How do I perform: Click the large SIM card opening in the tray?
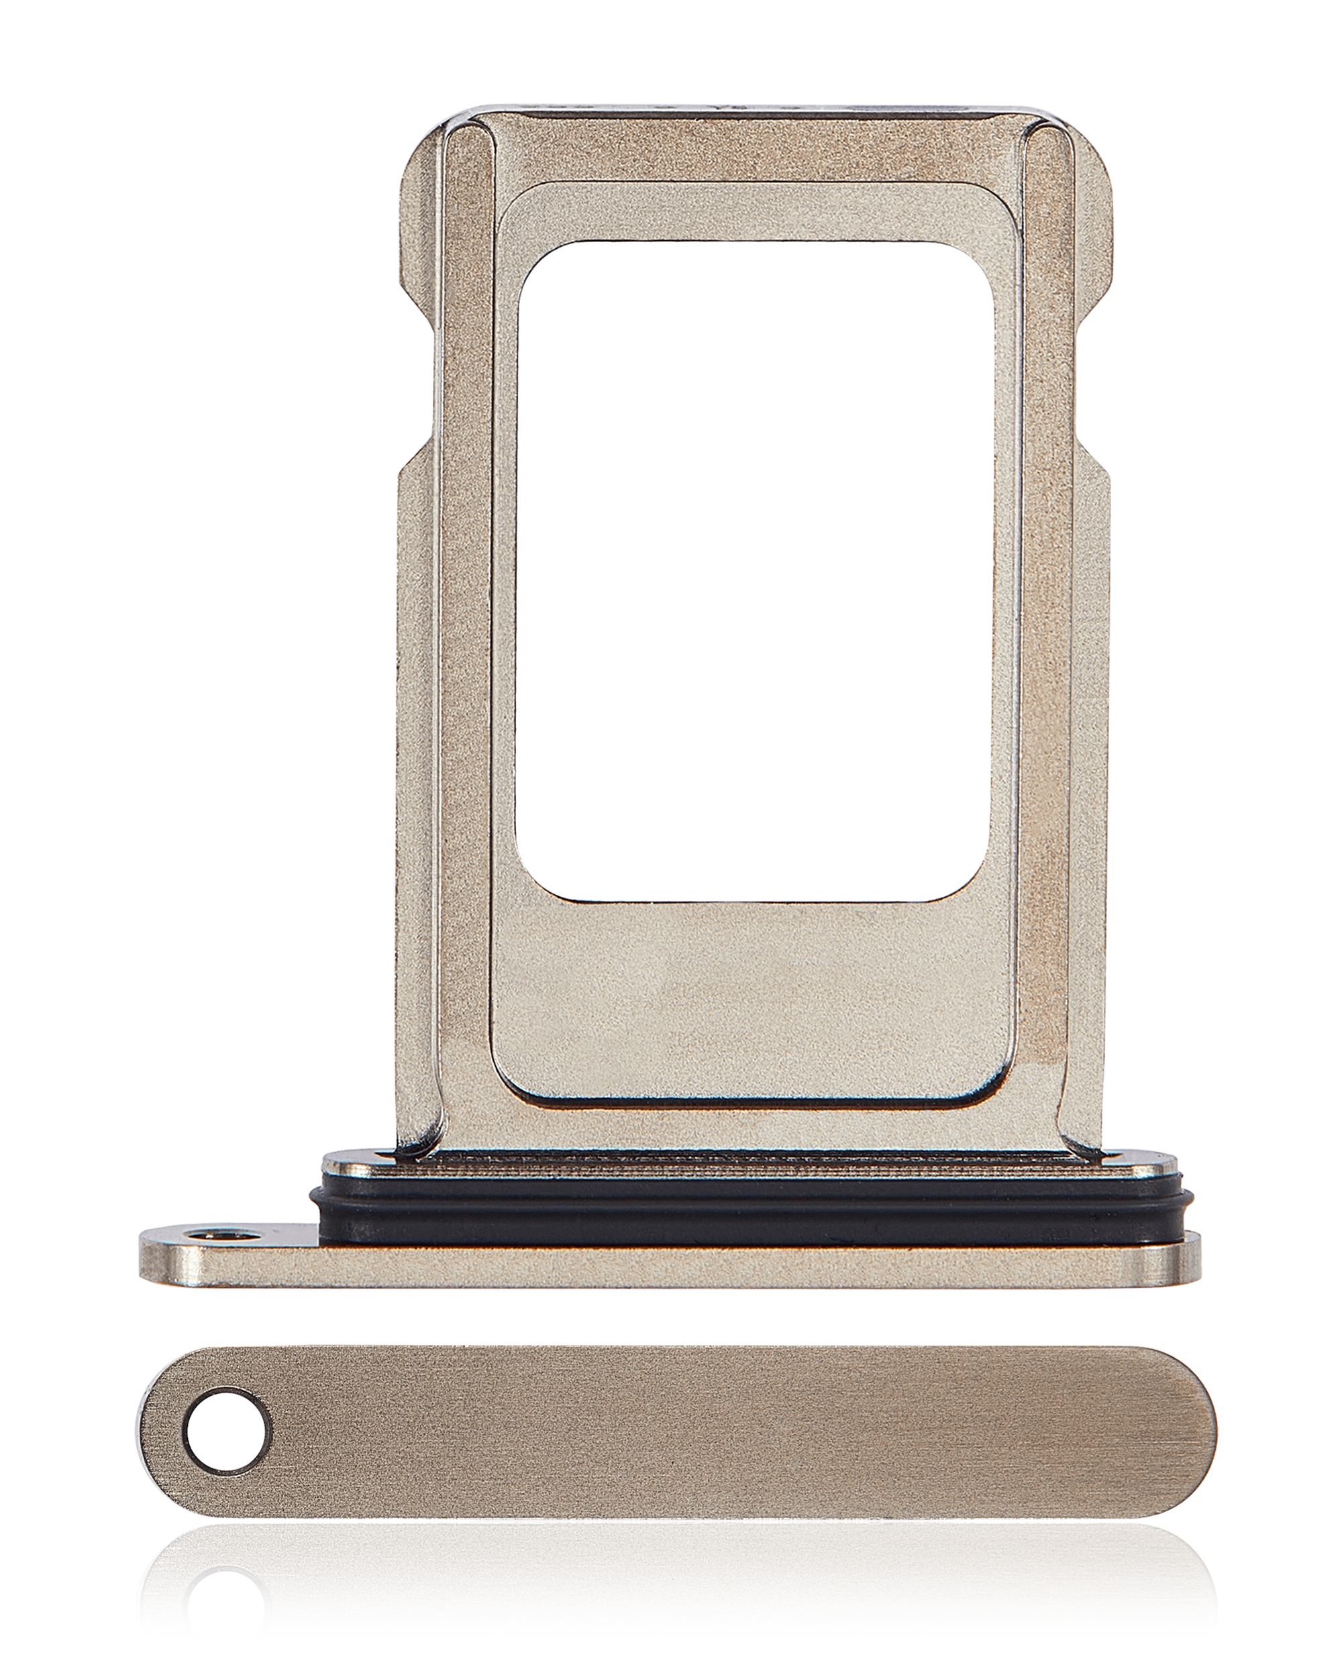click(755, 572)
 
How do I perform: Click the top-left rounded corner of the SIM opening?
click(537, 260)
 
